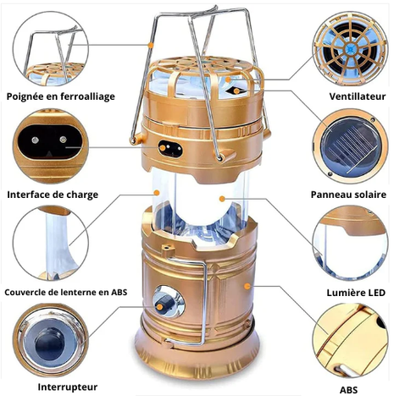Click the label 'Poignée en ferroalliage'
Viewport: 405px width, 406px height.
point(61,96)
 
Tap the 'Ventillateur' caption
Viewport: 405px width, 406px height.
point(358,96)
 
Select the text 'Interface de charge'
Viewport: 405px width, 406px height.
point(53,195)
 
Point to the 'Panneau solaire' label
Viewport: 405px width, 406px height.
point(348,195)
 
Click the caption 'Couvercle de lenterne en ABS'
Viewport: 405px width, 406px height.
point(66,292)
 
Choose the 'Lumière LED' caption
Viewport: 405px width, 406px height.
point(356,293)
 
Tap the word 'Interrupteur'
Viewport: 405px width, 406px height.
point(68,387)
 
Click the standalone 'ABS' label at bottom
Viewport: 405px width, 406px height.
point(348,390)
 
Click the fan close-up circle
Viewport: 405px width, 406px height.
point(350,48)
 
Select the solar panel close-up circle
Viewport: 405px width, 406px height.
point(350,146)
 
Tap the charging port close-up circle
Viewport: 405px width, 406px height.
point(51,146)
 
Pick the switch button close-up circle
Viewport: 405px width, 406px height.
point(51,341)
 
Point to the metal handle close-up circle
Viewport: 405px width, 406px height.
point(51,48)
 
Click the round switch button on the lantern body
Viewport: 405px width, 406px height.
point(169,302)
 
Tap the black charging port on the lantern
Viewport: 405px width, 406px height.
point(170,148)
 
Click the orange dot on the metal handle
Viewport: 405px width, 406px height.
point(152,45)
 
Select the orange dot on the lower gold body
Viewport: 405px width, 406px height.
point(247,287)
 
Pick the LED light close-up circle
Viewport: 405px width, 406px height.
point(350,243)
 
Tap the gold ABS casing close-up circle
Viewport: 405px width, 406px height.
point(350,341)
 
